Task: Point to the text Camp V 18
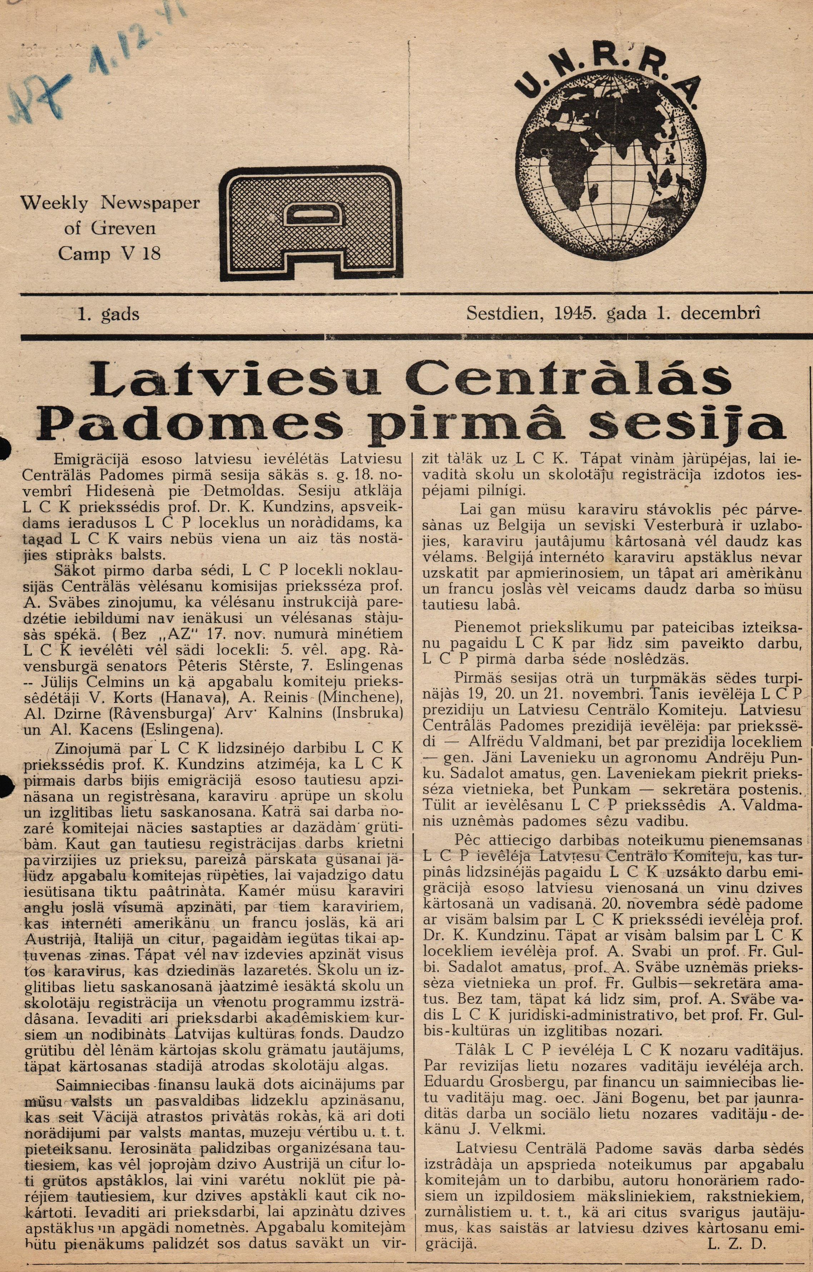coord(109,254)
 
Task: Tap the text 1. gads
coord(108,314)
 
